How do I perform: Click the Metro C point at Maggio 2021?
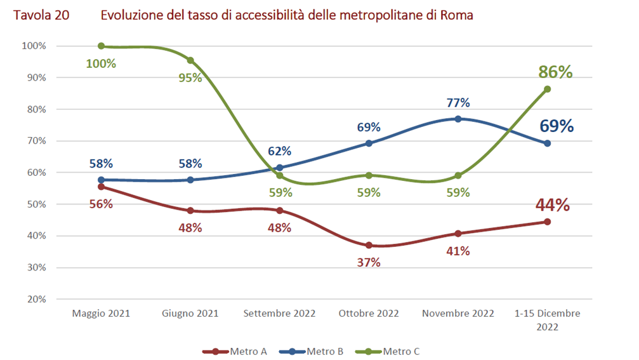(102, 46)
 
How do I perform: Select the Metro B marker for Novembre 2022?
(458, 119)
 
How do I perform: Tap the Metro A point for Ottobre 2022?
(369, 245)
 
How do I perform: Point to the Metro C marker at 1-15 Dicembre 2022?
(547, 89)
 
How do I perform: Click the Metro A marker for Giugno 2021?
(190, 211)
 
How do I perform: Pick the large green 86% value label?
(555, 72)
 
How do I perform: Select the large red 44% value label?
(553, 205)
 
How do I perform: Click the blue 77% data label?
(458, 103)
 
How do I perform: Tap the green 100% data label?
(102, 63)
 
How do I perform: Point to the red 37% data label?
(369, 262)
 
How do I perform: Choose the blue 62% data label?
(279, 151)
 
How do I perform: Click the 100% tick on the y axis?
(34, 46)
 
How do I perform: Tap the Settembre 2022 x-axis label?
(279, 314)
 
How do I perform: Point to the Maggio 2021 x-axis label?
(102, 314)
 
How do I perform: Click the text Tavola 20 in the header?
(39, 15)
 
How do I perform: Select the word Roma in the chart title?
(457, 15)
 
